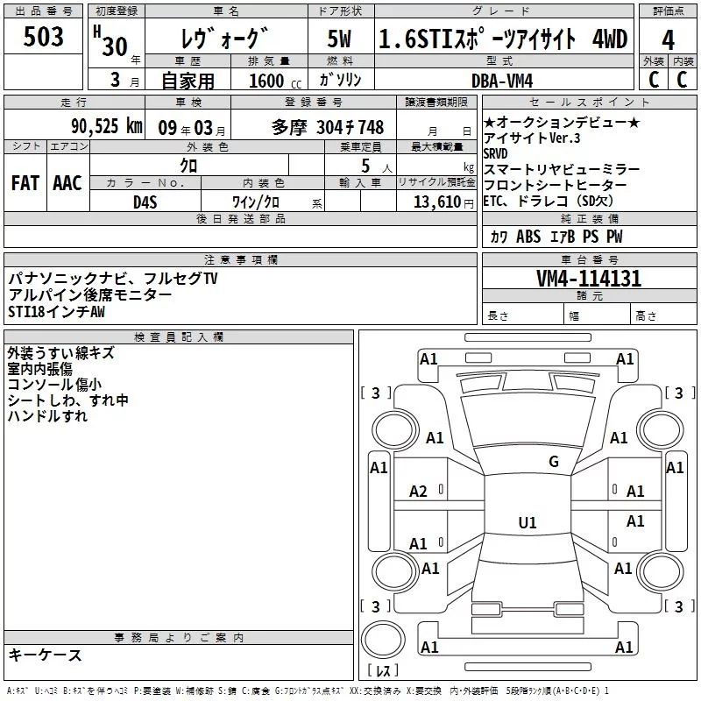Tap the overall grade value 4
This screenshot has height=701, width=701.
668,40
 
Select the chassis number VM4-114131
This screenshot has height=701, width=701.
588,279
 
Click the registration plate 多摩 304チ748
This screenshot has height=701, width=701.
328,126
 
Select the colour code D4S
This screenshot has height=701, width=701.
145,202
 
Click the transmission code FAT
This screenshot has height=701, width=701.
25,183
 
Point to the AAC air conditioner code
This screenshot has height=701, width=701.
67,183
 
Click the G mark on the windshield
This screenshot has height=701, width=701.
553,462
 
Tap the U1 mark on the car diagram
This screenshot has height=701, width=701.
527,523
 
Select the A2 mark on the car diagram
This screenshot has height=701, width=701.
419,492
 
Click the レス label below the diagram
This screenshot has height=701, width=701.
382,672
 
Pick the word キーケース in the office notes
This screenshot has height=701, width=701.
45,655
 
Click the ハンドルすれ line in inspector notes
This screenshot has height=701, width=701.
47,416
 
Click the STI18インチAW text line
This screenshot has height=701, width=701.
56,311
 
